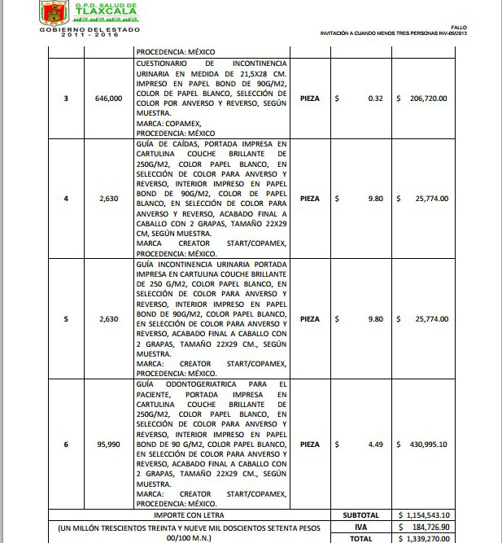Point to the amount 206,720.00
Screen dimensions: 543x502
click(426, 99)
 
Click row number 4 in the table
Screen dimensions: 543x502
click(66, 199)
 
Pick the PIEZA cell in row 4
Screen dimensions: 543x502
click(310, 199)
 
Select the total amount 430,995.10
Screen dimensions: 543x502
click(426, 444)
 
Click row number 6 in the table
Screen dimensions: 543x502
click(66, 444)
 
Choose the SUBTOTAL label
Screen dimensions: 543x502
click(361, 515)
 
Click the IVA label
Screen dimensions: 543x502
click(361, 528)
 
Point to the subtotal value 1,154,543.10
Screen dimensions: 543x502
click(428, 515)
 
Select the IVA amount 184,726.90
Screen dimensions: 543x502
click(430, 528)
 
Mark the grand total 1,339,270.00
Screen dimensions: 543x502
click(428, 539)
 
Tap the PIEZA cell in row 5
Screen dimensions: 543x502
click(310, 319)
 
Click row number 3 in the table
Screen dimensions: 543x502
click(66, 99)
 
